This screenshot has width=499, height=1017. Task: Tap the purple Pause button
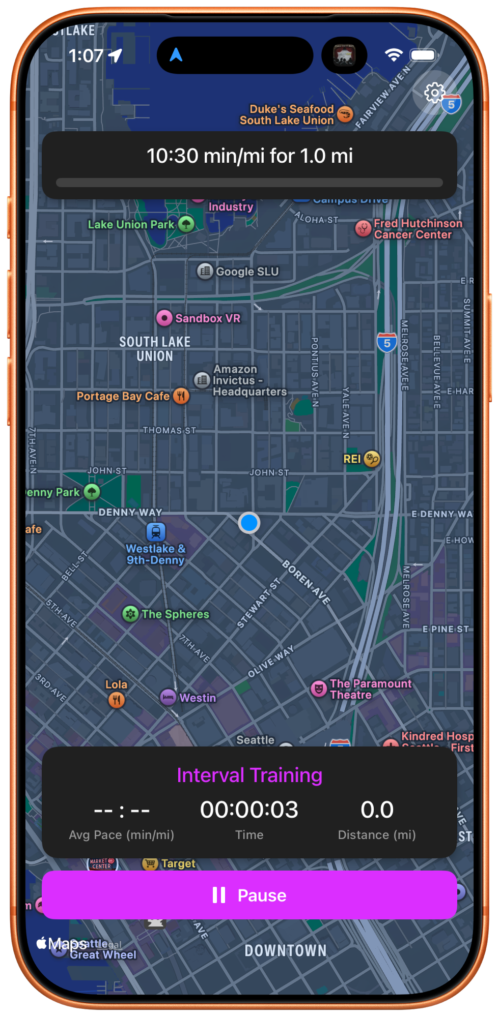249,895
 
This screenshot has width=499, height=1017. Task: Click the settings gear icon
434,93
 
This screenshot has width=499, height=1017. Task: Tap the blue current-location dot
249,523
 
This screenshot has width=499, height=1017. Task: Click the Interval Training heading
249,775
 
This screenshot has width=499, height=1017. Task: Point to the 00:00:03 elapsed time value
249,810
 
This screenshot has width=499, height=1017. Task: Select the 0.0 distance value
377,810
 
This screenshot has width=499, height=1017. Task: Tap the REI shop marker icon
372,459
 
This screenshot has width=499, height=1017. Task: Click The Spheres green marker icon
131,614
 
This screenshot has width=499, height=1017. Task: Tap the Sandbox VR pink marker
164,318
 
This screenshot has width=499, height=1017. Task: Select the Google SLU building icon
205,271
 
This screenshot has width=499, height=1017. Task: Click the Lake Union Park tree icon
186,224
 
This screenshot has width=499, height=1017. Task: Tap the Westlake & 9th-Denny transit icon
156,532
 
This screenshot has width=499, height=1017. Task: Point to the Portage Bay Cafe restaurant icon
181,396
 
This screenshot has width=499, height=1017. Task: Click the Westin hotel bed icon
168,697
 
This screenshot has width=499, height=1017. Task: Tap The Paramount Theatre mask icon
319,689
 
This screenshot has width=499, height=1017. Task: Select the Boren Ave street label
307,582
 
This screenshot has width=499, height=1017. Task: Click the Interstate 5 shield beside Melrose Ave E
387,343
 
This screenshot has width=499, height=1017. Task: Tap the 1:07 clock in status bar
86,56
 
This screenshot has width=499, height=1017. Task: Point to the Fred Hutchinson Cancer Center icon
363,228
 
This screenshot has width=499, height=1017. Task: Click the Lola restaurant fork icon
117,700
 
